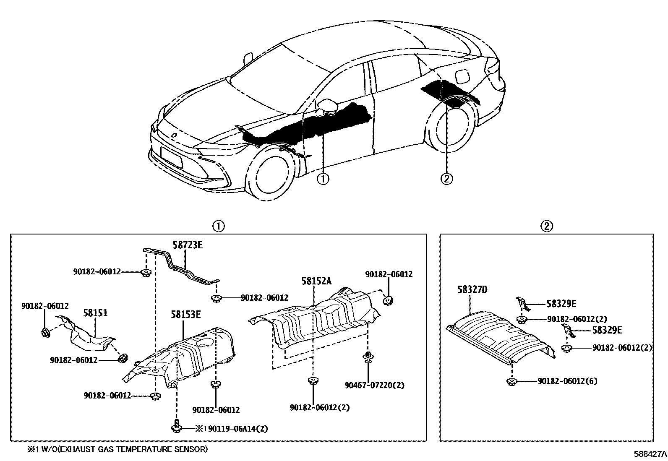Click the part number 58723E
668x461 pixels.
(x=187, y=245)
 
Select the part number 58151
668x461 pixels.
(x=95, y=313)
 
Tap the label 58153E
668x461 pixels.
(x=185, y=314)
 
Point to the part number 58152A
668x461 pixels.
(x=316, y=281)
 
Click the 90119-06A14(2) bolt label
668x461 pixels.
(x=234, y=429)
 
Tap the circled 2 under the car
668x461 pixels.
(x=446, y=179)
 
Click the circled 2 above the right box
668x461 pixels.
(x=546, y=226)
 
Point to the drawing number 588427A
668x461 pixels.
(x=650, y=454)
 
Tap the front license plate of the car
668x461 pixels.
(x=171, y=157)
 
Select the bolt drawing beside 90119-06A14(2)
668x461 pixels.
(x=176, y=427)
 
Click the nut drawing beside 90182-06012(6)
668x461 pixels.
(x=511, y=382)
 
